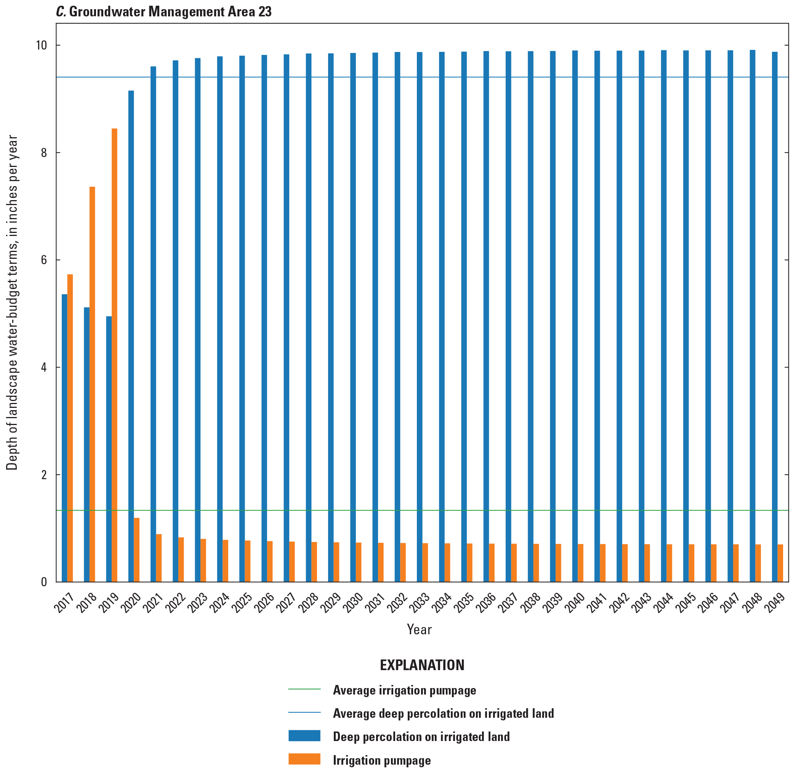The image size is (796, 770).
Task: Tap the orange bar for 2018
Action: [92, 384]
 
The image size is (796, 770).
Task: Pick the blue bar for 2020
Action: [131, 336]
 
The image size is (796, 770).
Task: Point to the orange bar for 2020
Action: [137, 549]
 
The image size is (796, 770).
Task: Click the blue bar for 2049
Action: [775, 316]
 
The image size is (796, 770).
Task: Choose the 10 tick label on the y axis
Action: [42, 45]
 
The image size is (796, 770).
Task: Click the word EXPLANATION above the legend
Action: [422, 665]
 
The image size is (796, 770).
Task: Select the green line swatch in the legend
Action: [304, 689]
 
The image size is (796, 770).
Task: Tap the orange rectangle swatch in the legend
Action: [304, 759]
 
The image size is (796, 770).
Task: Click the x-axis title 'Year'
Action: [419, 629]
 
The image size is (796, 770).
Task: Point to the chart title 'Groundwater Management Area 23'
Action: [170, 11]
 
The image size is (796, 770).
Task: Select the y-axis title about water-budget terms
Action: [12, 303]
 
